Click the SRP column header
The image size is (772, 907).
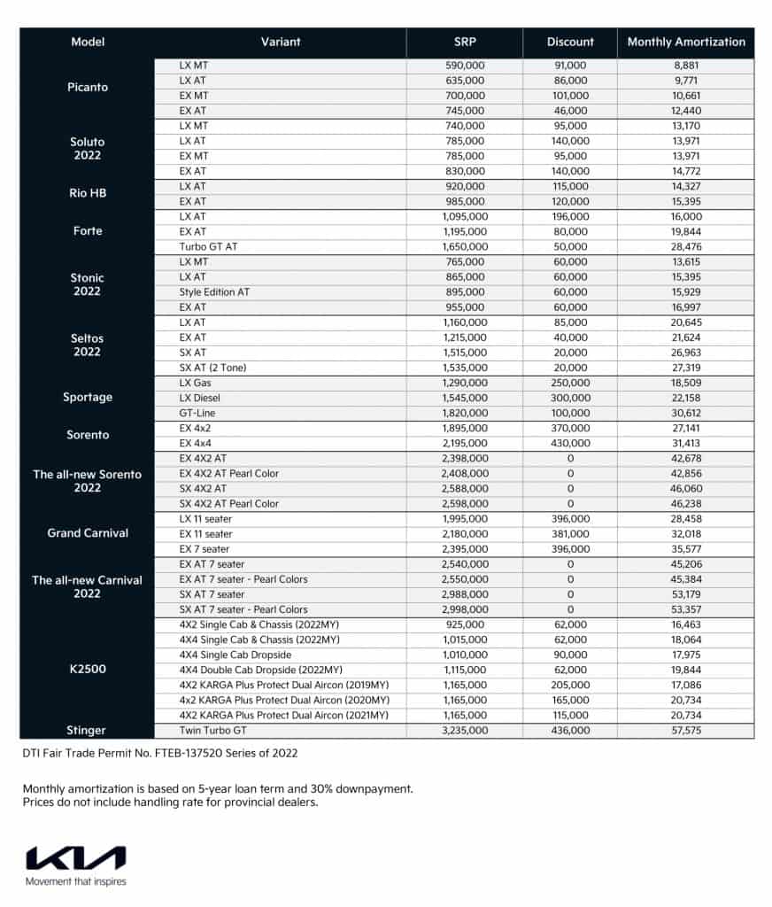(x=465, y=42)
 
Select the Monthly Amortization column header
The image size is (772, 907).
(x=686, y=42)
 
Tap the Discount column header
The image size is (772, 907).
(x=570, y=42)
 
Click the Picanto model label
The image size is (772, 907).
(x=88, y=88)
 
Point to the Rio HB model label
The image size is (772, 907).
(x=88, y=193)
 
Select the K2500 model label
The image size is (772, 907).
(x=88, y=670)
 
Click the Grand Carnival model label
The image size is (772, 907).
(x=88, y=533)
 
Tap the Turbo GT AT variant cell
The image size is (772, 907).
(x=208, y=246)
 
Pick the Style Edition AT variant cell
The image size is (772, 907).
(x=215, y=291)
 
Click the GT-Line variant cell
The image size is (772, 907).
(x=197, y=413)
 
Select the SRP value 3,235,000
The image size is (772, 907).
(x=465, y=731)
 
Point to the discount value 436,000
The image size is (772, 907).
(x=567, y=731)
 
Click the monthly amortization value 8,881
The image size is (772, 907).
(x=686, y=65)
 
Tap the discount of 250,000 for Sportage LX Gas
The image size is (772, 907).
(x=567, y=383)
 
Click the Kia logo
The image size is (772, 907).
(x=76, y=858)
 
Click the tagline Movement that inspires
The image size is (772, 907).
(x=76, y=881)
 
